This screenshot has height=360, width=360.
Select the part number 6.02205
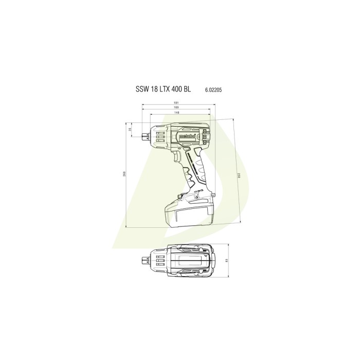click(213, 89)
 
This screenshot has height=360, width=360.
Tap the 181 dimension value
click(175, 102)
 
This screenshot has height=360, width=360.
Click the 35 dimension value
click(130, 130)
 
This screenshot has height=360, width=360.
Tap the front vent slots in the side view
click(160, 135)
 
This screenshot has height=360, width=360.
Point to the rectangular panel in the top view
click(190, 261)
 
